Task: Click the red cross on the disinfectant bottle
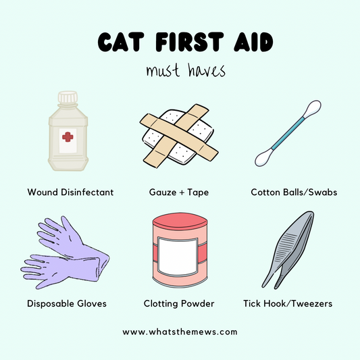pos(68,137)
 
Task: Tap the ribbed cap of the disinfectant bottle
pos(68,97)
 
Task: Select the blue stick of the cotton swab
pos(288,133)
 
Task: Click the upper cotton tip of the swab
pos(312,109)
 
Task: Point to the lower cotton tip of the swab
pos(264,157)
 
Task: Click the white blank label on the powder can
pos(178,257)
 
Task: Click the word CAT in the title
pos(121,42)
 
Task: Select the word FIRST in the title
pos(189,42)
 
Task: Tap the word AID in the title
pos(253,42)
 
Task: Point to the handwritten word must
pos(163,70)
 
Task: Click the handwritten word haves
pos(207,70)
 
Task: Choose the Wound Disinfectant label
pos(70,192)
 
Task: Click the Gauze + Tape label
pos(179,192)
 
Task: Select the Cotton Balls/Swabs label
pos(294,192)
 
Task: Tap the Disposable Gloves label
pos(67,303)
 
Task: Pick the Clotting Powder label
pos(179,303)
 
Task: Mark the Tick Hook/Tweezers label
pos(288,303)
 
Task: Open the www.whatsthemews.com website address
pos(180,332)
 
